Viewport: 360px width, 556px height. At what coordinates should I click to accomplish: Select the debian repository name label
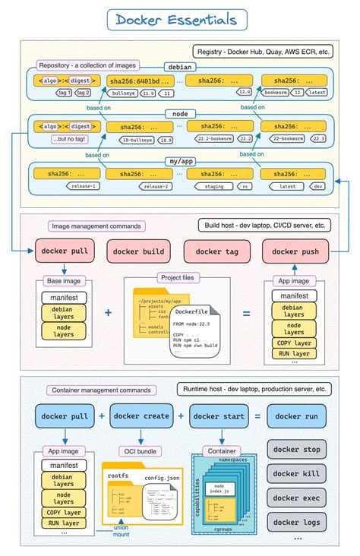click(180, 67)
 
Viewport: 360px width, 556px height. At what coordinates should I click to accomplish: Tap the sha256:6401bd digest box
click(134, 81)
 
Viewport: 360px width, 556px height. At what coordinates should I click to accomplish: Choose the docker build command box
click(139, 251)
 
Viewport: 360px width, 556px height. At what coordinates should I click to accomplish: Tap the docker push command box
click(295, 251)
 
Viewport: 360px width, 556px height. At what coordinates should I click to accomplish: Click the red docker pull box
click(63, 251)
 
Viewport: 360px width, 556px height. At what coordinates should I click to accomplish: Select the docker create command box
click(141, 416)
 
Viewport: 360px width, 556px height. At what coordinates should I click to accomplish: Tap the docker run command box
click(296, 416)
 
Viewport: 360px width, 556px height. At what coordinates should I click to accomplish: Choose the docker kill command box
click(296, 474)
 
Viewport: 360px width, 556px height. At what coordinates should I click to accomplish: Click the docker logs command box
click(296, 522)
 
